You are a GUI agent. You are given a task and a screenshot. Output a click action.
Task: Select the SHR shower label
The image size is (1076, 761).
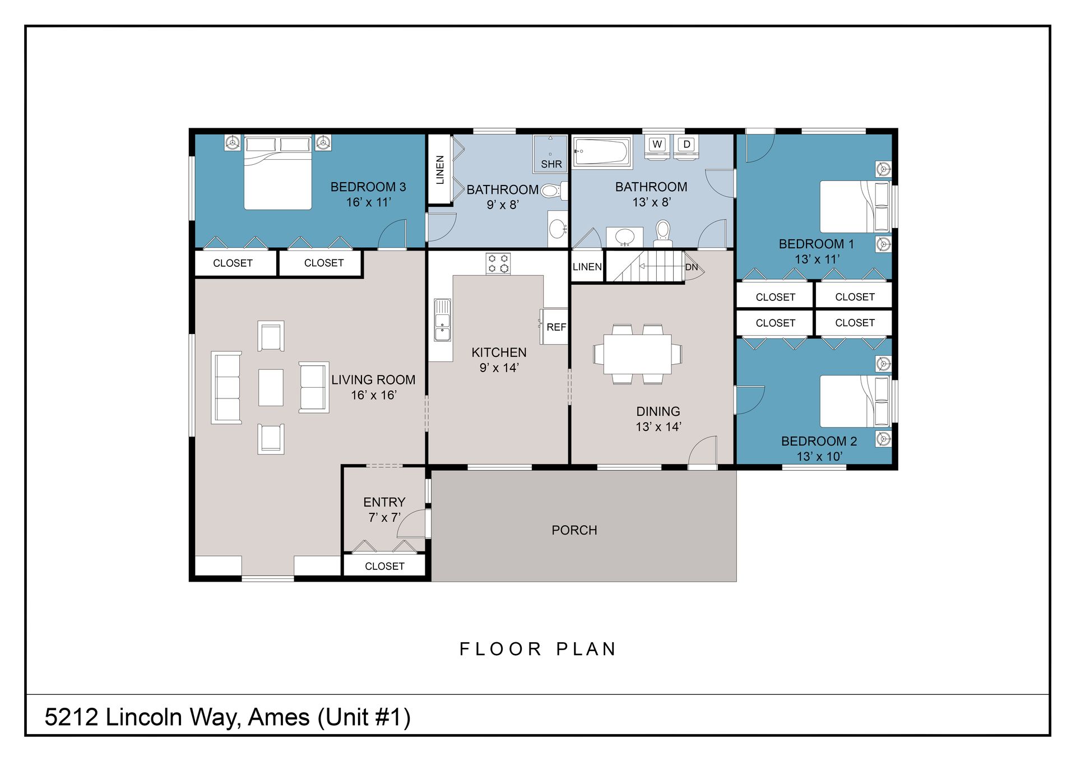551,164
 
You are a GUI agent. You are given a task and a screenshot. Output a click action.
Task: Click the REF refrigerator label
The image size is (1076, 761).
556,327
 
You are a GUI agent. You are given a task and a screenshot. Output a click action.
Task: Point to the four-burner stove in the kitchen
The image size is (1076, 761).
498,263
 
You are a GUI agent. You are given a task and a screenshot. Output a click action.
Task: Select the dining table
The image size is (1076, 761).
637,354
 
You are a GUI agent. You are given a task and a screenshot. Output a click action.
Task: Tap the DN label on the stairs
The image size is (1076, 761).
692,267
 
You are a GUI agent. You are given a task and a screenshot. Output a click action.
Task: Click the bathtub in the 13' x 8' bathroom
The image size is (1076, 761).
601,151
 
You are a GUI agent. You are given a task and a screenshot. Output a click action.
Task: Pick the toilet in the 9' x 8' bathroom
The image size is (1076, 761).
551,191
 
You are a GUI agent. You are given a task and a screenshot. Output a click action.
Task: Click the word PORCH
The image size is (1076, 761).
574,530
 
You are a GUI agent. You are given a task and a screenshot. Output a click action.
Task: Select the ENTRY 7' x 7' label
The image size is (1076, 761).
384,509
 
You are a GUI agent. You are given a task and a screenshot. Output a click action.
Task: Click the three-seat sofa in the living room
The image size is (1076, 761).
226,387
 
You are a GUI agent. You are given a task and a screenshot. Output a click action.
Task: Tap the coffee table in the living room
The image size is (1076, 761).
271,387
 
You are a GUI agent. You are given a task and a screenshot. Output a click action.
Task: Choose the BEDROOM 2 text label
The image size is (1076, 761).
818,442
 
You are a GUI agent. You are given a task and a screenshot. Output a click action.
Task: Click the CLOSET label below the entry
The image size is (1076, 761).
384,567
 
